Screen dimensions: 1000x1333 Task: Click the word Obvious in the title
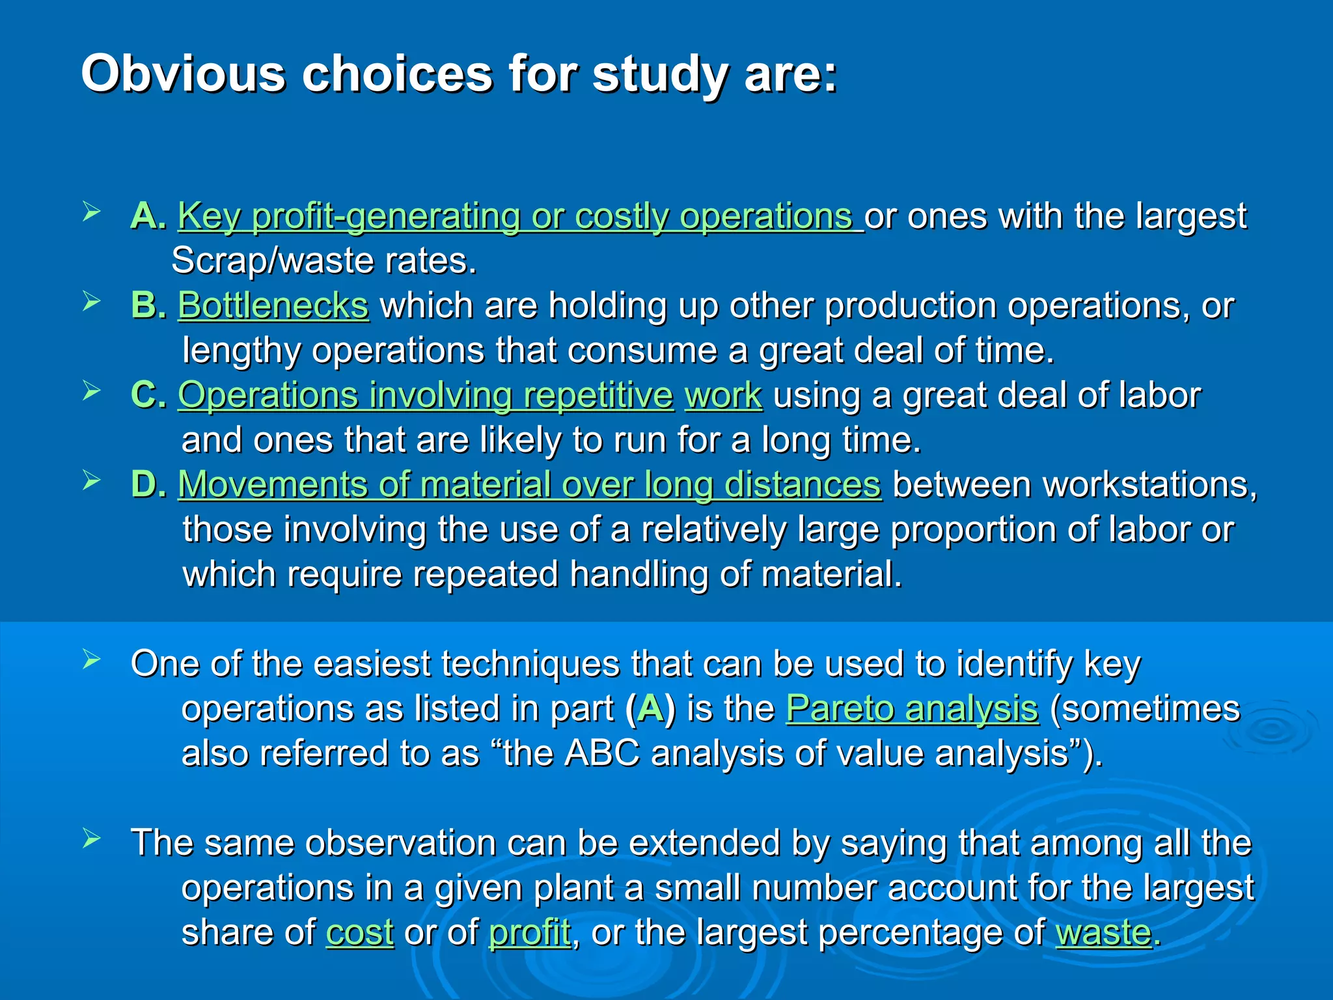click(183, 74)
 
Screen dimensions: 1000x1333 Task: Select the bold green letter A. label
click(148, 215)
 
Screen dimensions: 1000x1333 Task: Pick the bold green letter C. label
click(148, 395)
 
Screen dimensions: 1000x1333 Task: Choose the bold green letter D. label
click(148, 484)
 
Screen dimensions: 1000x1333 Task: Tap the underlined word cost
click(359, 932)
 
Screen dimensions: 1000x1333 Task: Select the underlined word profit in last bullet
click(529, 932)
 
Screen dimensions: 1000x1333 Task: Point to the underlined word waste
click(1103, 932)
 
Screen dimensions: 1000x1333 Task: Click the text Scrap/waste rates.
click(323, 260)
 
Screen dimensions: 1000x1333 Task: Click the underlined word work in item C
click(722, 395)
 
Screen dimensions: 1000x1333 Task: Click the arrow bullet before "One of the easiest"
click(92, 660)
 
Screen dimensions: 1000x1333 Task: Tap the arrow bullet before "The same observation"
click(92, 839)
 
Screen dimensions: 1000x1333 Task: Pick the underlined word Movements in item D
click(272, 484)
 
